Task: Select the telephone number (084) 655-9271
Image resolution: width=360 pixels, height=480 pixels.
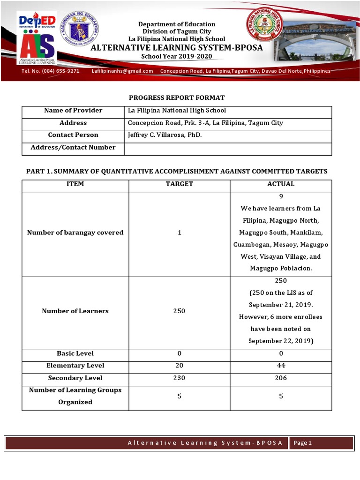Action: click(50, 71)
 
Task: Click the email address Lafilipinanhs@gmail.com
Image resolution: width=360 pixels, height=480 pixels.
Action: click(122, 71)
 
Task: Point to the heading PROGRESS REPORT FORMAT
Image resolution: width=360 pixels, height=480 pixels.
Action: click(177, 97)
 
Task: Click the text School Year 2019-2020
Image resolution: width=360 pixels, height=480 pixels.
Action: click(177, 56)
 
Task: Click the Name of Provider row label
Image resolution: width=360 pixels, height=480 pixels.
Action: click(73, 111)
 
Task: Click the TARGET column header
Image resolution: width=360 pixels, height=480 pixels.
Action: click(179, 184)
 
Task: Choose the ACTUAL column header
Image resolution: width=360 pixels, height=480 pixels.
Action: click(281, 184)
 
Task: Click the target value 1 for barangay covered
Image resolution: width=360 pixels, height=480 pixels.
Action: click(179, 232)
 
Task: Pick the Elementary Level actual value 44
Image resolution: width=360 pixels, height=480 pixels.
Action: click(281, 366)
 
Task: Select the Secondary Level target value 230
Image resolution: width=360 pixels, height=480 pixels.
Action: click(179, 378)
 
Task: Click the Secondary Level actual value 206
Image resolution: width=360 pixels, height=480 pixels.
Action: click(281, 378)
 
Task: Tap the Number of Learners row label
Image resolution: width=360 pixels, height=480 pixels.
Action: click(75, 311)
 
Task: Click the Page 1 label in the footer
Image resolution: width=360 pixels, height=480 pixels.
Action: click(303, 443)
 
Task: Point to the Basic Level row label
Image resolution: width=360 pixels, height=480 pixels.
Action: click(75, 353)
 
